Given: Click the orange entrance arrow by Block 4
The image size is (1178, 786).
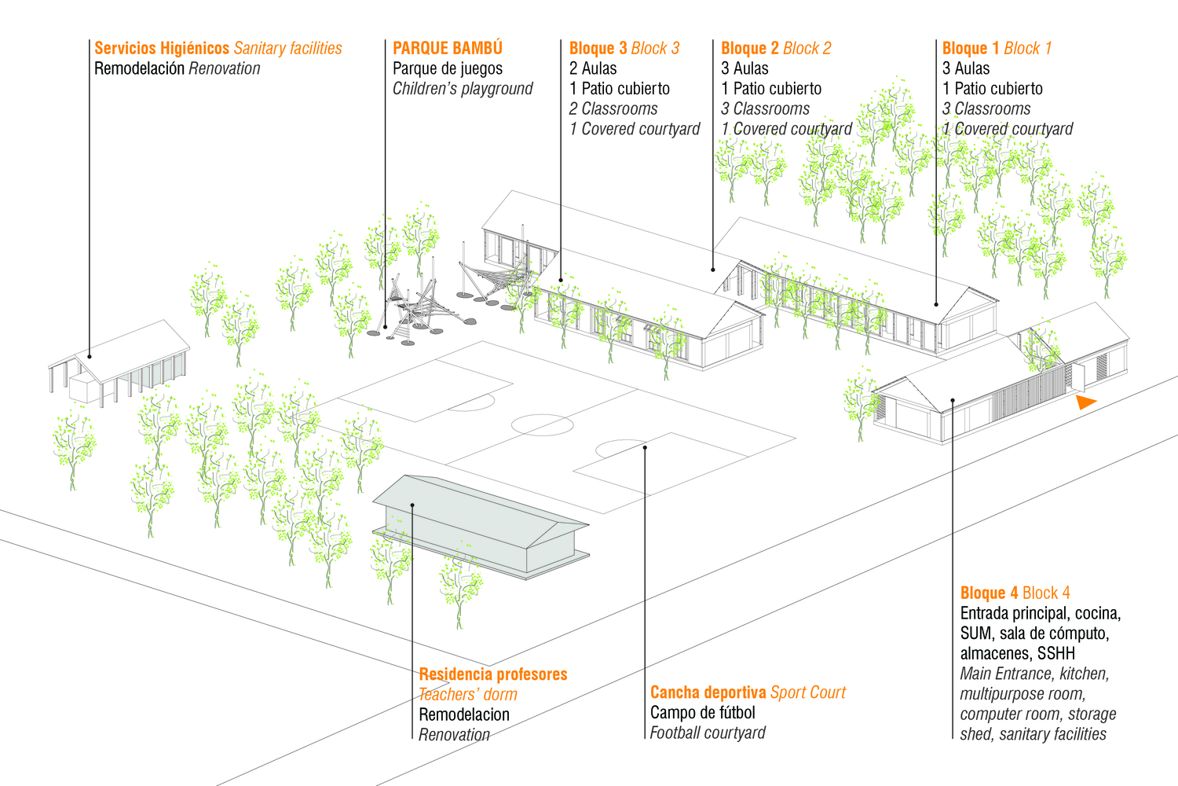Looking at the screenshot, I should [1085, 402].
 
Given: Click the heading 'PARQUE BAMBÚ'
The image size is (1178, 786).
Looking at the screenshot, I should [447, 49].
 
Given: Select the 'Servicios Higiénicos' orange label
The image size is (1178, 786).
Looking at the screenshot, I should [162, 49].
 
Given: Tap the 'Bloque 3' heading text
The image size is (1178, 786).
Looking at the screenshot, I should [598, 49].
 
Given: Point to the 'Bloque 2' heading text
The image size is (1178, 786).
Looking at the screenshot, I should [749, 49].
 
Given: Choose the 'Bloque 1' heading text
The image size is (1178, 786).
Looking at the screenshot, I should [971, 49].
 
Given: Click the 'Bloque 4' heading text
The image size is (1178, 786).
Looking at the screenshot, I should [989, 593].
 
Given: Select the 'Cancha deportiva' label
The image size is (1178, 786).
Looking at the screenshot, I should [708, 692].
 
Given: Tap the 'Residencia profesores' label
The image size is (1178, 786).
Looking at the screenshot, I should [493, 674].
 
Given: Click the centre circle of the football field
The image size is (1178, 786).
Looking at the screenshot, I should [543, 424].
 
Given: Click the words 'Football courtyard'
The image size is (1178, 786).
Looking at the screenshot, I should [708, 733].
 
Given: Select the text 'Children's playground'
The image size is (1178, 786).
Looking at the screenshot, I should [463, 89].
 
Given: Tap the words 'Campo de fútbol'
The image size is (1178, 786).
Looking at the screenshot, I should [703, 713].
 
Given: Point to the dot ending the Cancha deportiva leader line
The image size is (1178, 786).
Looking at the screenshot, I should [645, 448].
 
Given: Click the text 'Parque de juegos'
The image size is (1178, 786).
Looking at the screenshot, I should [448, 68].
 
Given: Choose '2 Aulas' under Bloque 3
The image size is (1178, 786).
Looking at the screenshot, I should [593, 68].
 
